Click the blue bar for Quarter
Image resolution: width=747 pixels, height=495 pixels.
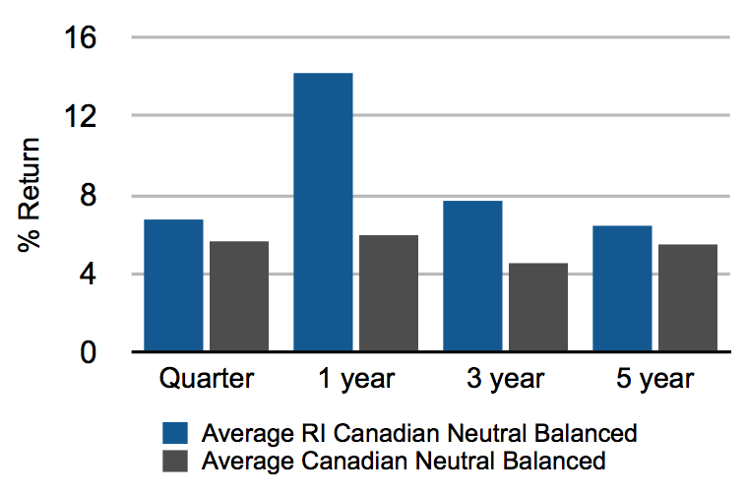click(x=173, y=285)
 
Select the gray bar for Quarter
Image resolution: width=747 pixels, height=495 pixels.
click(x=239, y=296)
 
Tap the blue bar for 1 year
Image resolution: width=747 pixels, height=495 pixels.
click(x=323, y=212)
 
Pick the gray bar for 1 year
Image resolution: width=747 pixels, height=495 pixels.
click(x=389, y=293)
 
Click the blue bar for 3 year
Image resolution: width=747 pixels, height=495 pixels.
click(x=472, y=277)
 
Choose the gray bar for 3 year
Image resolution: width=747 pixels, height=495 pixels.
click(x=538, y=307)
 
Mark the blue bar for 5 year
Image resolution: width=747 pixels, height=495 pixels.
click(x=622, y=288)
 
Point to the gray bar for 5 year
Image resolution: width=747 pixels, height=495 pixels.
click(x=688, y=298)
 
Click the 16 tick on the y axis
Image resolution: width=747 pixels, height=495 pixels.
click(x=81, y=37)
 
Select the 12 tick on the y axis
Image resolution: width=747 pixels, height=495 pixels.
click(x=81, y=116)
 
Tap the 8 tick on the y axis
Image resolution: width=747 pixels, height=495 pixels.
click(x=89, y=195)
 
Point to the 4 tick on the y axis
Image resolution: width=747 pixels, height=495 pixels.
click(x=89, y=275)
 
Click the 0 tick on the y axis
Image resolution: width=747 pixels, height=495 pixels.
click(x=89, y=353)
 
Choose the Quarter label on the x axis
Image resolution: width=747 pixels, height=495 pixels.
click(x=207, y=379)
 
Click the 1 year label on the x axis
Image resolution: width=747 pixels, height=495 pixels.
click(x=356, y=380)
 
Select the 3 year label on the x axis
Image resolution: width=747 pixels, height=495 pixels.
click(x=506, y=380)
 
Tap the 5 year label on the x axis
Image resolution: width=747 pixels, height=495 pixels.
click(x=655, y=380)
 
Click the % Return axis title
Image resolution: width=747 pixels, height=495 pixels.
click(x=29, y=195)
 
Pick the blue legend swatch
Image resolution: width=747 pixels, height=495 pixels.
click(x=175, y=433)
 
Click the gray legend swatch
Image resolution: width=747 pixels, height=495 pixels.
click(x=175, y=461)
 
